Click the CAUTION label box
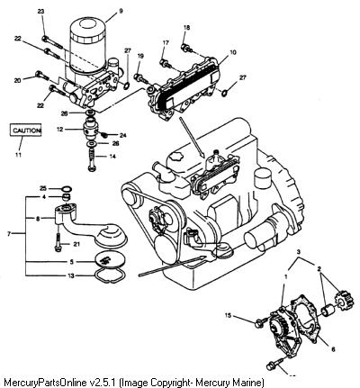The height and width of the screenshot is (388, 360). [25, 130]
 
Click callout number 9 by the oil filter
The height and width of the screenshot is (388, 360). [121, 11]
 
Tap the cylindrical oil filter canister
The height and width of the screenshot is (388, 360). [88, 46]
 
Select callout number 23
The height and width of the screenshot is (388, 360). [40, 12]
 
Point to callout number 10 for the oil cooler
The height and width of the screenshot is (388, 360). [233, 52]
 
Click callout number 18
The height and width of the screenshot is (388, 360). [186, 28]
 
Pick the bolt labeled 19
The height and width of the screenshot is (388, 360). [141, 78]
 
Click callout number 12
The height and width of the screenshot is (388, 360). [60, 130]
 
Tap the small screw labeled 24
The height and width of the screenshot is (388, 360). [104, 134]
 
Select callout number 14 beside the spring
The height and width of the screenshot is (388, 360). [112, 157]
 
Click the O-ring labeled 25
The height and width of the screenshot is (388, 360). [67, 190]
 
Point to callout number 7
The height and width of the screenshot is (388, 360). [9, 233]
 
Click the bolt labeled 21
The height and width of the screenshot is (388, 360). [58, 242]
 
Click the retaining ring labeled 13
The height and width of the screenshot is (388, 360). [111, 275]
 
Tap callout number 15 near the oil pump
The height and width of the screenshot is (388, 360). [228, 315]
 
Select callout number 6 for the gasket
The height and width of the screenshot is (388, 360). [333, 349]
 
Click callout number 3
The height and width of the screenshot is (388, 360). [298, 251]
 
